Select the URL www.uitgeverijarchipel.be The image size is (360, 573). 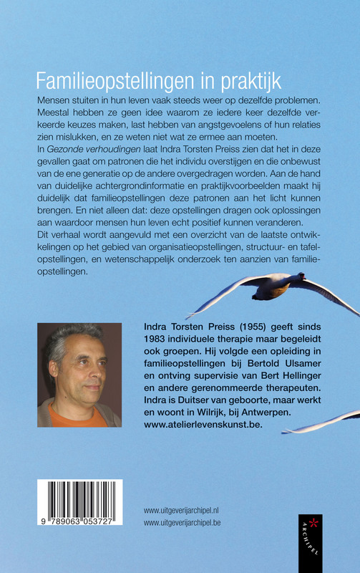[190, 523]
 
